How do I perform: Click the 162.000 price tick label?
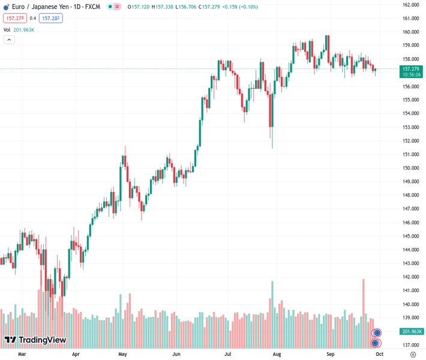pos(410,5)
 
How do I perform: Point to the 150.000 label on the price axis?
pos(410,168)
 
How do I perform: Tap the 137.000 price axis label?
pos(410,345)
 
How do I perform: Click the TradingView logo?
pos(35,341)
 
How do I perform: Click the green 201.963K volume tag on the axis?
pos(412,331)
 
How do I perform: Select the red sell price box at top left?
pos(14,18)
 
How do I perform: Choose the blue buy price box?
pos(50,18)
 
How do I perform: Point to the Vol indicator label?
pos(7,29)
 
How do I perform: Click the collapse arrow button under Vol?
pos(9,40)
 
